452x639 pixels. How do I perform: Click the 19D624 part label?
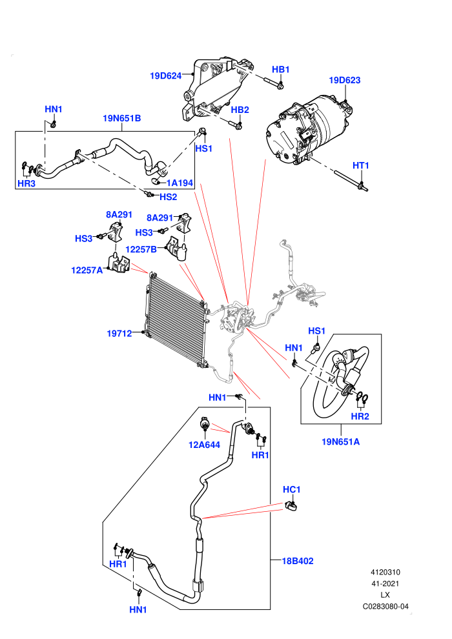[165, 76]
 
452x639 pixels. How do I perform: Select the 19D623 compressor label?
[344, 80]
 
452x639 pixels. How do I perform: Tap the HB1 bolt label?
[280, 70]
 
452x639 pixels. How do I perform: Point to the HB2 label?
[240, 110]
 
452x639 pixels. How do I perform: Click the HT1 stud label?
[361, 165]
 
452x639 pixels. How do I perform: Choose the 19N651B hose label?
[121, 119]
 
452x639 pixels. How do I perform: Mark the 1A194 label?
[180, 183]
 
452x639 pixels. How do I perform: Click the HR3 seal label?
[26, 184]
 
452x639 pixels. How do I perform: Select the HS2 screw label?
[169, 198]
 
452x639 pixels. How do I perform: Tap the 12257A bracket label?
[87, 270]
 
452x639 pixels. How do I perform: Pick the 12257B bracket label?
[141, 249]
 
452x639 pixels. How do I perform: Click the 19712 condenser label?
[119, 334]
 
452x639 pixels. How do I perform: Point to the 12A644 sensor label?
[204, 445]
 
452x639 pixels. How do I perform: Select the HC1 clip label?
[291, 489]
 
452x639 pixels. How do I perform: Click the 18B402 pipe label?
[298, 561]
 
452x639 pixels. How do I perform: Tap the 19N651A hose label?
[341, 441]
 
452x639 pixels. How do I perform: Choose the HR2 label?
[360, 416]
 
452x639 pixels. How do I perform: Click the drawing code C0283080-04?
[385, 607]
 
